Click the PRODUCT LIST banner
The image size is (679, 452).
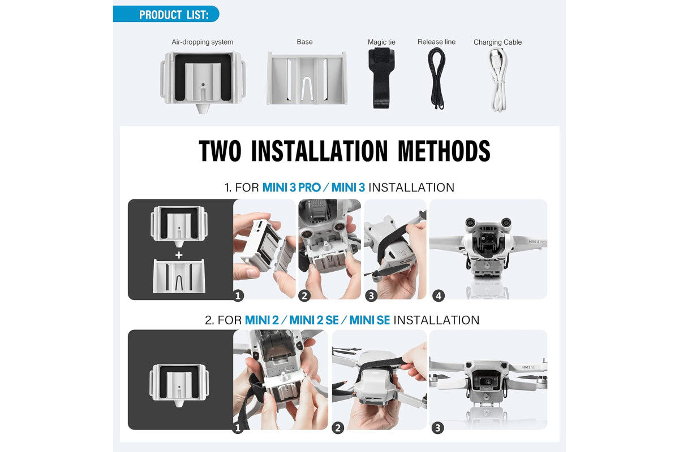(x=166, y=14)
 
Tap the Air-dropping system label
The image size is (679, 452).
(x=202, y=42)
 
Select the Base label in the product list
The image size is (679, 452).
(x=304, y=42)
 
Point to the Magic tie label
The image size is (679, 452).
(x=381, y=42)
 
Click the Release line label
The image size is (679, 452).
(x=436, y=42)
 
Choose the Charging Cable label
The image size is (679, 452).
(x=497, y=42)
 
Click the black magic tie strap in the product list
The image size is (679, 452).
(x=381, y=78)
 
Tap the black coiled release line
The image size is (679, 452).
(x=436, y=79)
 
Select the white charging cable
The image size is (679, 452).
(x=498, y=80)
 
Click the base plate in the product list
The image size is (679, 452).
(x=307, y=79)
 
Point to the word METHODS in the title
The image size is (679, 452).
(x=444, y=151)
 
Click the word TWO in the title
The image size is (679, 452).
(x=220, y=151)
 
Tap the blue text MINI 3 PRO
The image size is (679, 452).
(x=291, y=188)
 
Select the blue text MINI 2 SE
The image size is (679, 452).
(x=314, y=320)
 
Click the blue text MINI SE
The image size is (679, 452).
(x=369, y=320)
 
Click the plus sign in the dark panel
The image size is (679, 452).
(x=179, y=255)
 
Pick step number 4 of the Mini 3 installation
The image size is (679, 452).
(x=439, y=296)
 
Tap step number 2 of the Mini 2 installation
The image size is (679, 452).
(x=338, y=428)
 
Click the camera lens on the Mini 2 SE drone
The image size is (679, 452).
(x=487, y=381)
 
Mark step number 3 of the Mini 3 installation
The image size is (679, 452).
(x=371, y=295)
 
